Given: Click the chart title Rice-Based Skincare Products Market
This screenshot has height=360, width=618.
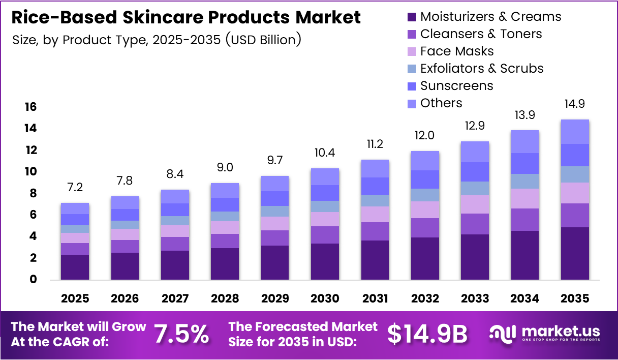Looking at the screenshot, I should coord(186,17).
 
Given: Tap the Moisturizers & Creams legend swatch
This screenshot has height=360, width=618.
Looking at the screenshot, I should coord(412,17).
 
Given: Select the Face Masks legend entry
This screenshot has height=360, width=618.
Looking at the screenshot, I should coord(457,51).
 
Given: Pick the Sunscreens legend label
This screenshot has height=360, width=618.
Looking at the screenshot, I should coord(456,86).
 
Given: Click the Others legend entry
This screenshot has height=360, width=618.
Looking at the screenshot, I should coord(441,103).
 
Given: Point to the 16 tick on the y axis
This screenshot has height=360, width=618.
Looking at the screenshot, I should coord(30,107).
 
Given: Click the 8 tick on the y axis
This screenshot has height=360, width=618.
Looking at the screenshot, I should coord(33,193).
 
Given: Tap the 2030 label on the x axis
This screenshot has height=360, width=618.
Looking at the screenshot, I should coord(325,298).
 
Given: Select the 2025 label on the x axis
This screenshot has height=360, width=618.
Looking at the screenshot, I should coord(75,298).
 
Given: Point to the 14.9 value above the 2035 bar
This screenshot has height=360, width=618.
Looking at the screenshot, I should coord(575,104).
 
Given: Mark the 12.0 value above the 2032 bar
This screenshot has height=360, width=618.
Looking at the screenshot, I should coord(425,136).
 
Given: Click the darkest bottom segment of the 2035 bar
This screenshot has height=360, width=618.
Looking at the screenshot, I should coord(575,253).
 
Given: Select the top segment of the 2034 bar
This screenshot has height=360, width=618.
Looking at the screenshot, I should coord(525,141).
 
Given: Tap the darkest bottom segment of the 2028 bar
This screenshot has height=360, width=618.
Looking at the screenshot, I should coord(225,263).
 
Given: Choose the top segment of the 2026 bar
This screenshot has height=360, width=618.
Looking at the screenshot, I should coord(125,202).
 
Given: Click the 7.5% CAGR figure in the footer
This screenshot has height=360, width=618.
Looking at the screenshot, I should coord(181,334).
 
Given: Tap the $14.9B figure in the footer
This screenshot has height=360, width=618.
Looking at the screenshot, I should coord(427,334).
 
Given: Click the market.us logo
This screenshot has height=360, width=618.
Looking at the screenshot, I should coord(545,334).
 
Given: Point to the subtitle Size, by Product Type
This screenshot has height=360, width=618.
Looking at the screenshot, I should coord(157,40).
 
